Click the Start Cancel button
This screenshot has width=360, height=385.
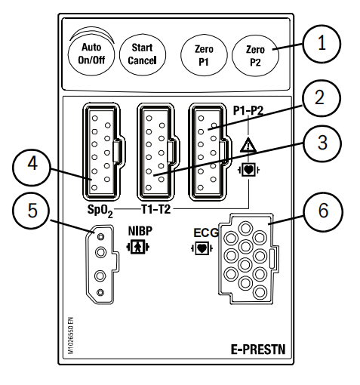pyautogui.click(x=143, y=54)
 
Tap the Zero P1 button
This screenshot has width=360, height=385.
pyautogui.click(x=204, y=55)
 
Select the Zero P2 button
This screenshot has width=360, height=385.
pyautogui.click(x=255, y=55)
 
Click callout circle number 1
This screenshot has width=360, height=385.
pyautogui.click(x=322, y=44)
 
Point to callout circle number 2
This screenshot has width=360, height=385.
pyautogui.click(x=322, y=98)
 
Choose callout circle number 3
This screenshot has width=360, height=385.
pyautogui.click(x=322, y=143)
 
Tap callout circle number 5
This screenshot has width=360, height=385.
pyautogui.click(x=32, y=211)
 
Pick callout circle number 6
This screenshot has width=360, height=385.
pyautogui.click(x=323, y=211)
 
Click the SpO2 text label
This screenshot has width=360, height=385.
pyautogui.click(x=100, y=211)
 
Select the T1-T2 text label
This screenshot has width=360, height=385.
pyautogui.click(x=156, y=209)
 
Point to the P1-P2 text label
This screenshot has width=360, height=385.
pyautogui.click(x=248, y=110)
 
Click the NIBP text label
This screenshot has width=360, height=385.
pyautogui.click(x=140, y=231)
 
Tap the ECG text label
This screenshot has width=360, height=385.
pyautogui.click(x=206, y=233)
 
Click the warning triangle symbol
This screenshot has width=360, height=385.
pyautogui.click(x=248, y=145)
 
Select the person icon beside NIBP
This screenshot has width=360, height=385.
pyautogui.click(x=137, y=247)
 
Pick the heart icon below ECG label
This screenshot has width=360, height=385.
pyautogui.click(x=202, y=248)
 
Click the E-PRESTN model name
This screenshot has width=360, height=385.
pyautogui.click(x=258, y=350)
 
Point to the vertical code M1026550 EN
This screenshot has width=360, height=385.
pyautogui.click(x=71, y=336)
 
